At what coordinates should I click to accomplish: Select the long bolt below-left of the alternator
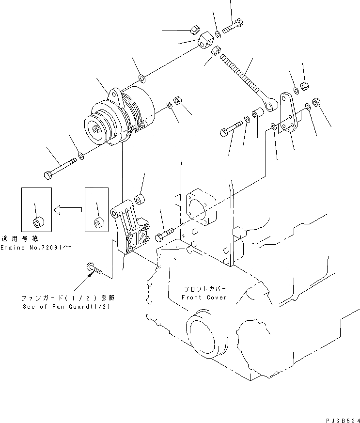[61, 167]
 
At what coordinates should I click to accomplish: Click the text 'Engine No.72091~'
[36, 248]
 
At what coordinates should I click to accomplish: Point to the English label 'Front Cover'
[203, 298]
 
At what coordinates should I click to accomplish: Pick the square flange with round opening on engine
[199, 206]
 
